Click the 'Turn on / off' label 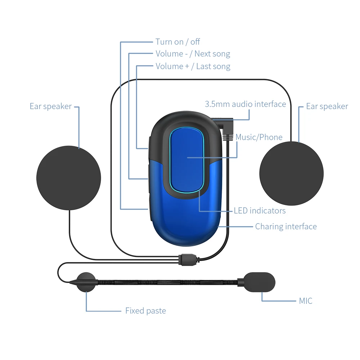[x=177, y=42]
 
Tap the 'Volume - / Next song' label [x=193, y=54]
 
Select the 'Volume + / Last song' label [x=193, y=66]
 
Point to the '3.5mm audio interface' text [x=245, y=104]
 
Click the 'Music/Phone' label [x=259, y=137]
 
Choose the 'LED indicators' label [x=260, y=211]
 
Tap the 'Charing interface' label [x=286, y=226]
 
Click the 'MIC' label [x=305, y=301]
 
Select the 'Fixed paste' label [x=145, y=311]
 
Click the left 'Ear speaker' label [x=50, y=107]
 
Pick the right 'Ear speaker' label [x=327, y=107]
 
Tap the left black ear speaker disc [x=68, y=177]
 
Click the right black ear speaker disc [x=291, y=174]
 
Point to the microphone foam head [x=259, y=281]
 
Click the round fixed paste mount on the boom [x=86, y=282]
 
